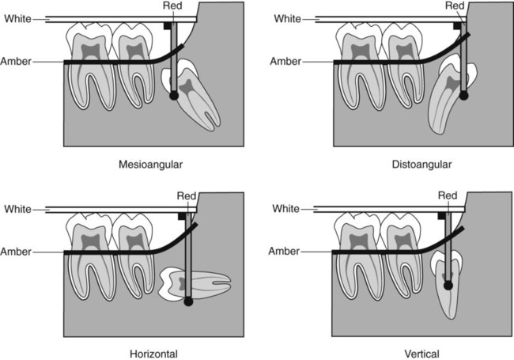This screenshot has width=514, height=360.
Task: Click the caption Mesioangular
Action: point(150,165)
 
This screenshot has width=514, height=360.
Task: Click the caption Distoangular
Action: point(421,165)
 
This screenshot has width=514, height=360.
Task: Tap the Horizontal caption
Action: point(153,354)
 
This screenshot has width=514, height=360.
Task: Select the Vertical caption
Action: point(421,354)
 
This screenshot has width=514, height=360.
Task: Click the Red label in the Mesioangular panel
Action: point(172,6)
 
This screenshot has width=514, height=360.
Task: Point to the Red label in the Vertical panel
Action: point(448,195)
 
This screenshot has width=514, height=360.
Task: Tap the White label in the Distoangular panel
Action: point(287,19)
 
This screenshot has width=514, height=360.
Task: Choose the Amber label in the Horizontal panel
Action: point(16,252)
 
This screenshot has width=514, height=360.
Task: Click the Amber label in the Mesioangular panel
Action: point(16,61)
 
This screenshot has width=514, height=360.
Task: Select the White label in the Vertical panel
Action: point(285,209)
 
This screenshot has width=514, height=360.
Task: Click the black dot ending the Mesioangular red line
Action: point(174,96)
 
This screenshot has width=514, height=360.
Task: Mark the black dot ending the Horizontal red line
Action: point(188,301)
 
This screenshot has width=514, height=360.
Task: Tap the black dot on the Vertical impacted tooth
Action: point(448,286)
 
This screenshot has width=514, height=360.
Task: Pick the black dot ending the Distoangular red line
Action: point(463,96)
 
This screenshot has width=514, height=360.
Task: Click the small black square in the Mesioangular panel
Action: point(167,25)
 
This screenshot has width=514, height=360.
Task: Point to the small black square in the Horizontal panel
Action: point(182,216)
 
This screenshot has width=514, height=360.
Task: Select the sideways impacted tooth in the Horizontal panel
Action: point(194,283)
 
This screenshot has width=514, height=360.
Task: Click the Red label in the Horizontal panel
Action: point(187,196)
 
